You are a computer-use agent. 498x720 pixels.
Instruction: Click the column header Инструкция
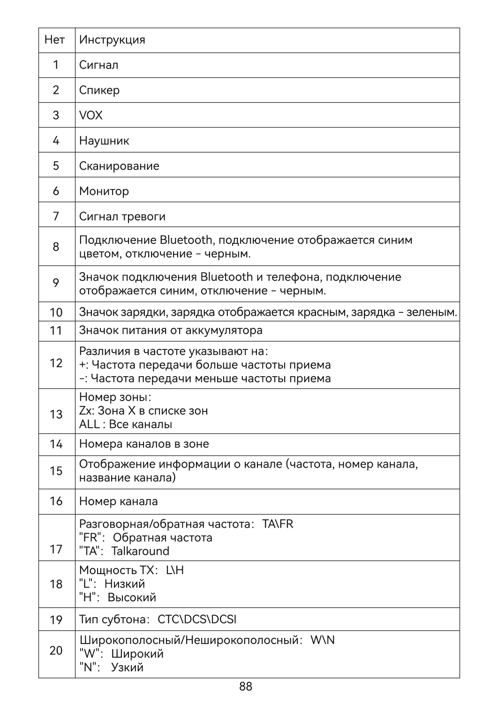[112, 40]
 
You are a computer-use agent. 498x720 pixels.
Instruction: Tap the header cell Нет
[54, 40]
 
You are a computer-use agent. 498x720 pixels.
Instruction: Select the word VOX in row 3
[91, 115]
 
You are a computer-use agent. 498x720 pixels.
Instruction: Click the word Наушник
[104, 141]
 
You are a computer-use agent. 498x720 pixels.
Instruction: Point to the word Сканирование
[119, 166]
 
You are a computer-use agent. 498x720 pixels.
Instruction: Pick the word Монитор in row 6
[104, 191]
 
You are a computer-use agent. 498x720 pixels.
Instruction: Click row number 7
[56, 216]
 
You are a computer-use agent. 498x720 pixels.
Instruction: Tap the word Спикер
[99, 90]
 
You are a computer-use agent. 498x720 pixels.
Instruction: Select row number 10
[56, 312]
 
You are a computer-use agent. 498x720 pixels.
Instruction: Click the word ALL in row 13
[89, 424]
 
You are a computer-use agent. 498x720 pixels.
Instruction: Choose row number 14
[56, 444]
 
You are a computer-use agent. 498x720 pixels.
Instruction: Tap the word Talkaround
[140, 551]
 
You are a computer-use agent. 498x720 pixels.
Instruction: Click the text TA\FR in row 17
[278, 524]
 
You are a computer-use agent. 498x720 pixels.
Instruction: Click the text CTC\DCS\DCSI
[197, 620]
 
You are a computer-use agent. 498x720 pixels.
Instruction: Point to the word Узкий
[127, 667]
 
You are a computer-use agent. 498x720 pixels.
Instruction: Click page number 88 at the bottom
[246, 687]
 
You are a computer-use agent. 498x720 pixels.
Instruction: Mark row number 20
[56, 651]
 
